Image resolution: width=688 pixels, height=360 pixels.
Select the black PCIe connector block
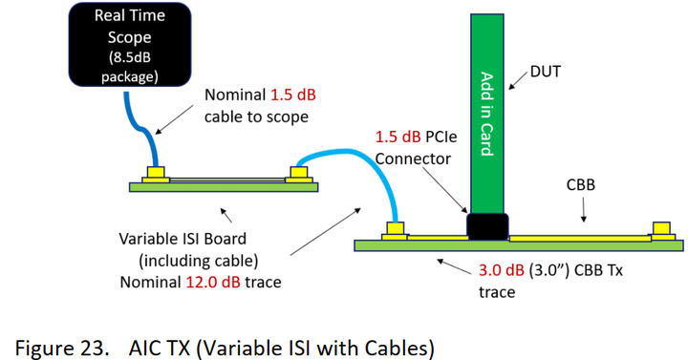click(485, 225)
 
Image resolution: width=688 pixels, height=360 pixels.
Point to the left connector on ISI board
click(154, 174)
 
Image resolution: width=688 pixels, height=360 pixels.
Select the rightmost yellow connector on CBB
click(659, 230)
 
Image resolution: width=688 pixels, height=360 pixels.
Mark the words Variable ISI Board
click(173, 239)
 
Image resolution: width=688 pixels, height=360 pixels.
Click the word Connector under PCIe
click(414, 158)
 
